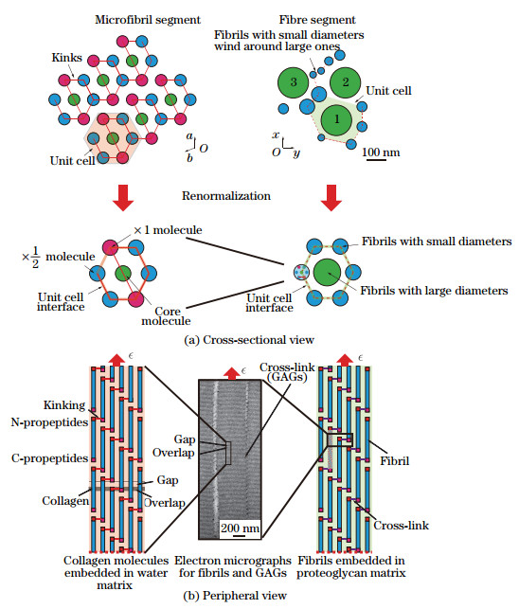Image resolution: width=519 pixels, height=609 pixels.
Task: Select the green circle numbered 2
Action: click(x=347, y=82)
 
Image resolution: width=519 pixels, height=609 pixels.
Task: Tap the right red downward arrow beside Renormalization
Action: click(x=328, y=196)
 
